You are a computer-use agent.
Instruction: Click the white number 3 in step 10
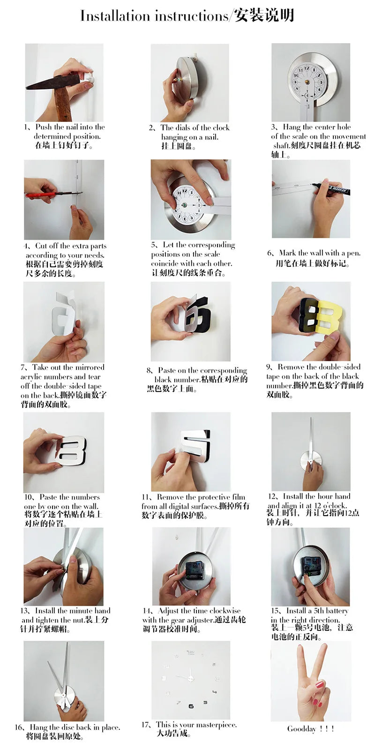tap(73, 450)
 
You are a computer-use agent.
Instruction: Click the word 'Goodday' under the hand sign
tap(301, 729)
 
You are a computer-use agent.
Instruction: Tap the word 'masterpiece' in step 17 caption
tap(215, 725)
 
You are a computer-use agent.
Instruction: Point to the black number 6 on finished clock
tap(191, 706)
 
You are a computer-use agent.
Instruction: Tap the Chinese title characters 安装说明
tap(265, 15)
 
